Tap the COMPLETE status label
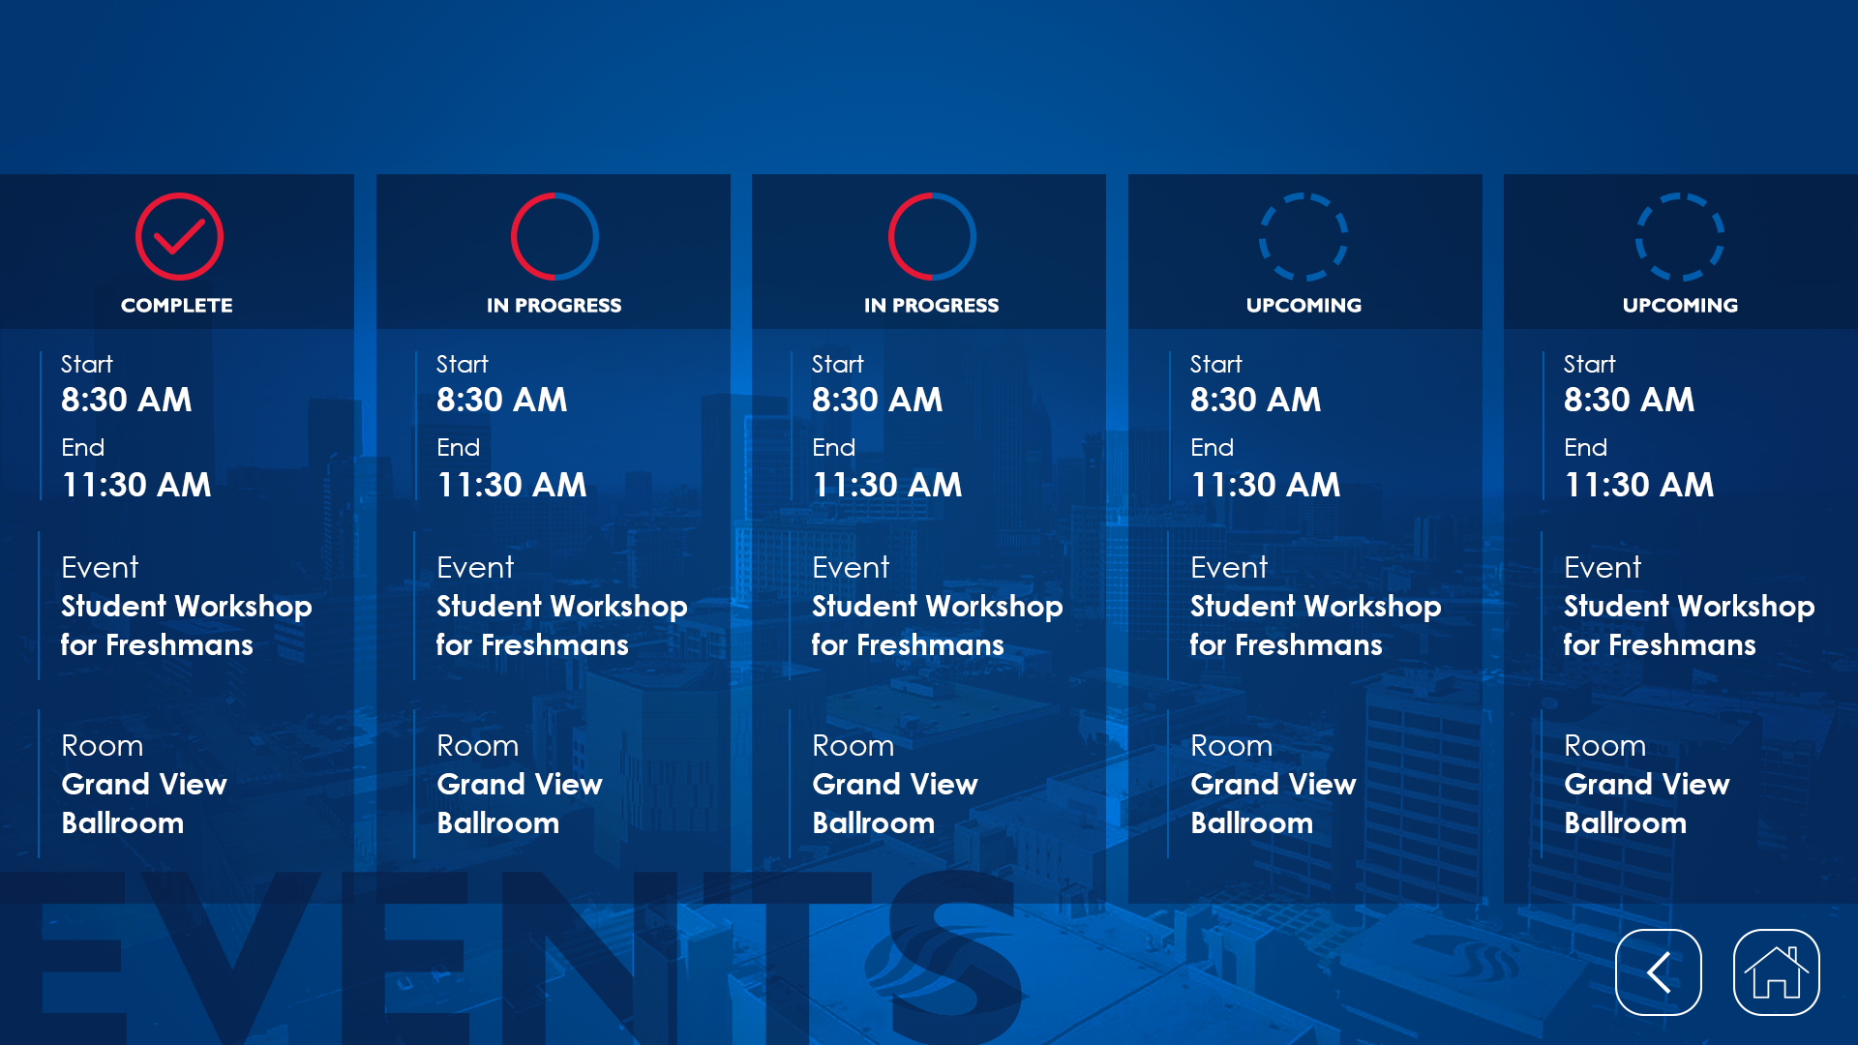177,306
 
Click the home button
1776,972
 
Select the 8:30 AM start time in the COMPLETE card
127,400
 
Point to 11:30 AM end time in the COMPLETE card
136,485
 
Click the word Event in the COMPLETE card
100,567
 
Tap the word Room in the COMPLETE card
103,746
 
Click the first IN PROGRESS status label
554,306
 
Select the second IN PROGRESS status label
931,306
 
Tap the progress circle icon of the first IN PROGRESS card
512,237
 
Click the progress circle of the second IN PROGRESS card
889,237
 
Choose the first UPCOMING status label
1304,306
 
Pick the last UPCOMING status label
1681,306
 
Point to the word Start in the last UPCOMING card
1590,365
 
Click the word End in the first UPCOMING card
1213,448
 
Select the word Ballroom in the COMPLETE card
123,823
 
